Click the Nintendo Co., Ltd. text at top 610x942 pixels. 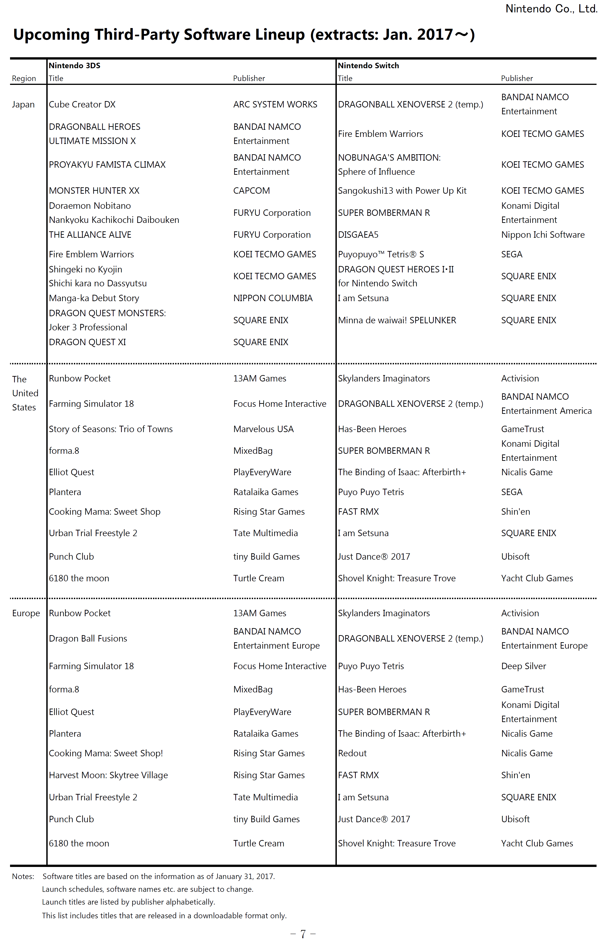pos(551,9)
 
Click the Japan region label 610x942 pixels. pos(23,104)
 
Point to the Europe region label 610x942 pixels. pos(26,613)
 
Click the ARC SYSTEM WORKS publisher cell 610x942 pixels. pos(275,104)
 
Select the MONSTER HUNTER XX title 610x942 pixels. pos(94,191)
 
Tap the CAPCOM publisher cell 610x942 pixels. pos(252,191)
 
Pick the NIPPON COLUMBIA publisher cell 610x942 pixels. pos(273,298)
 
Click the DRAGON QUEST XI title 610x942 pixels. pos(87,342)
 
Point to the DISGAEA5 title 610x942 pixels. pos(358,235)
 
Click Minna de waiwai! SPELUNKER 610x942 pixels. pos(397,320)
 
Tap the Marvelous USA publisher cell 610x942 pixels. pos(263,429)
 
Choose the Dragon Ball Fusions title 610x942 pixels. pos(88,638)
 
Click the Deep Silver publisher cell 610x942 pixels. pos(523,666)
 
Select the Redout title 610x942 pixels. pos(352,753)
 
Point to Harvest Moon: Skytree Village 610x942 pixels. pos(108,775)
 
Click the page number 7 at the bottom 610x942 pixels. pos(303,934)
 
